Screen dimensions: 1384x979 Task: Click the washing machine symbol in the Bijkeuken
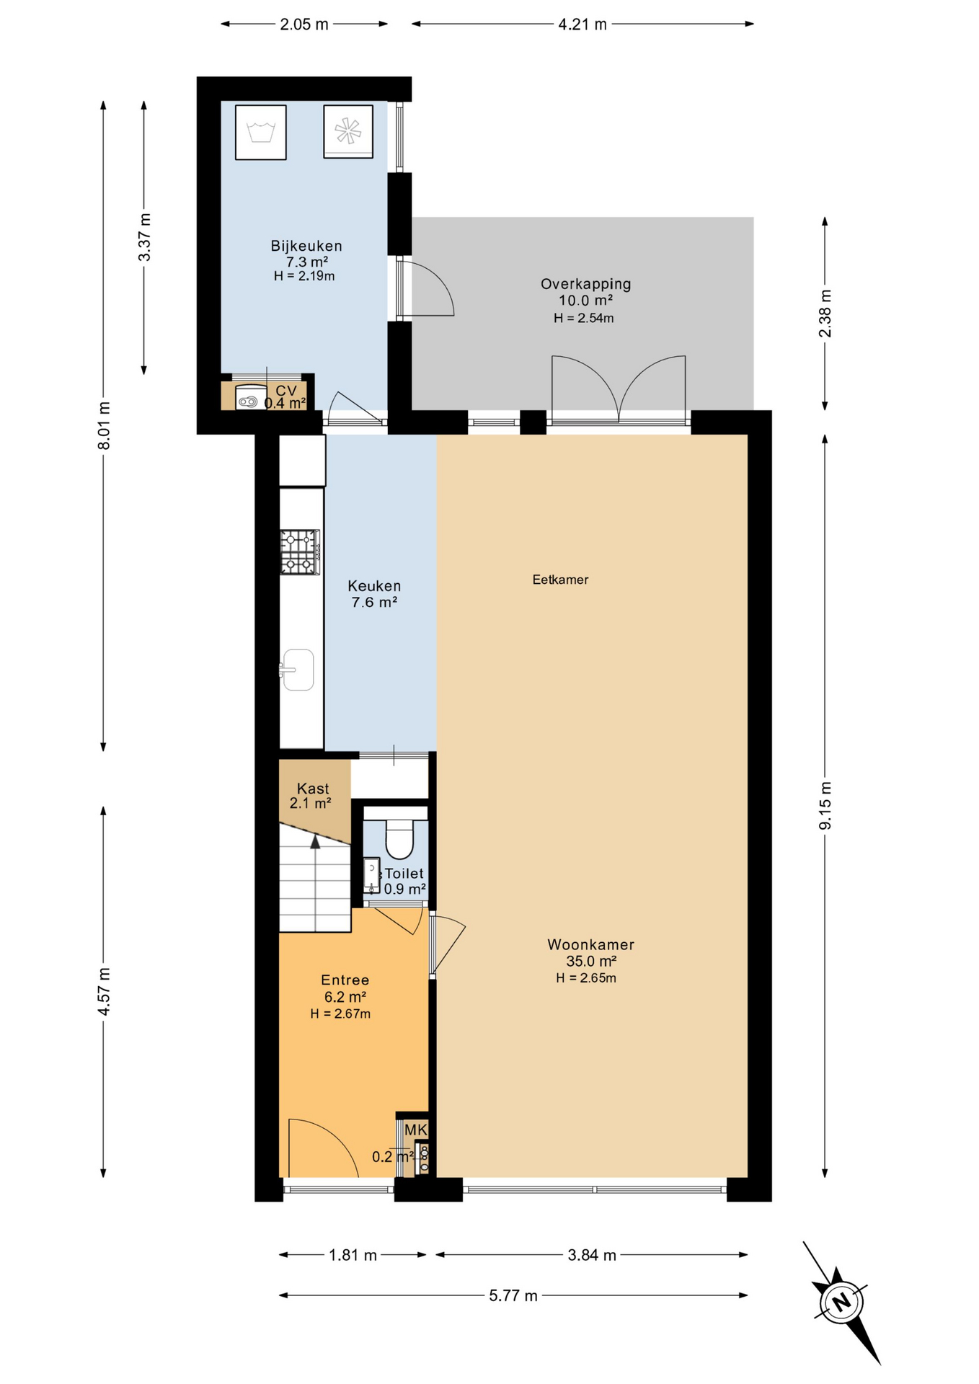[x=260, y=132]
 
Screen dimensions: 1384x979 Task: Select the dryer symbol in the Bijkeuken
[x=348, y=131]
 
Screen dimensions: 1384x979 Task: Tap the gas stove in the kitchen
[x=300, y=551]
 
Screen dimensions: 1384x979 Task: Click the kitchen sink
[x=298, y=670]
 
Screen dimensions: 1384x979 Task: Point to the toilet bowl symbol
[x=399, y=838]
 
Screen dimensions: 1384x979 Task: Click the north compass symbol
[x=841, y=1302]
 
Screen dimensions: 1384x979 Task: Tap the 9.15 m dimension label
[x=825, y=804]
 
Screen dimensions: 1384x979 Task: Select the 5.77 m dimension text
[x=513, y=1295]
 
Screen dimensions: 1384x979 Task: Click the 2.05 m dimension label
[x=304, y=25]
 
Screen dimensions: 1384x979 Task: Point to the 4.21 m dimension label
[x=582, y=25]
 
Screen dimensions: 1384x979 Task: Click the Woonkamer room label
[x=590, y=944]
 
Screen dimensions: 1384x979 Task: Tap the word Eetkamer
[x=560, y=580]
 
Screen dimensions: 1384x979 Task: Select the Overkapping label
[x=585, y=284]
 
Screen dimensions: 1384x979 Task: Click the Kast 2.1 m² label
[x=311, y=795]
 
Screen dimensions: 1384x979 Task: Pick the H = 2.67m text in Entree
[x=340, y=1013]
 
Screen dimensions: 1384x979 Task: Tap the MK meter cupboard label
[x=415, y=1130]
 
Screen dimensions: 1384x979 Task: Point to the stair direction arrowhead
[x=315, y=841]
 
